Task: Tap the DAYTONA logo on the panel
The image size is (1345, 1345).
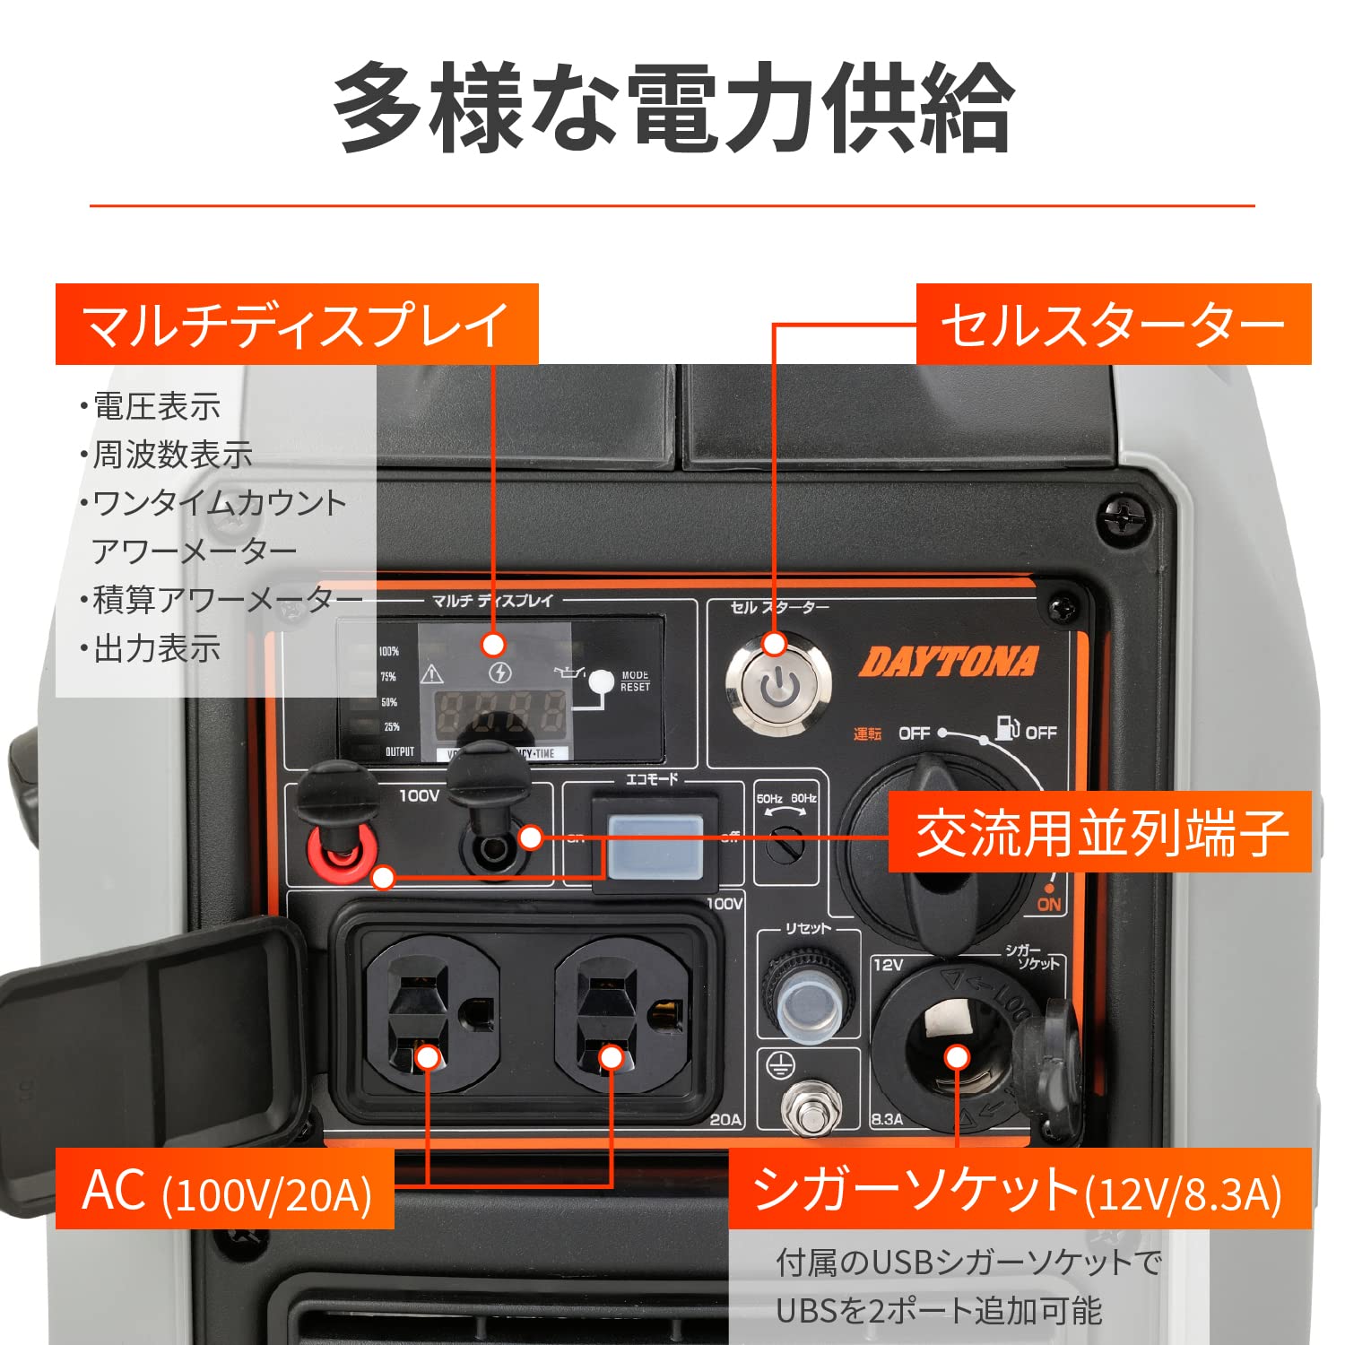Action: pyautogui.click(x=948, y=663)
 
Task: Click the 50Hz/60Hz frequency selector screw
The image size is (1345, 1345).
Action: pyautogui.click(x=787, y=843)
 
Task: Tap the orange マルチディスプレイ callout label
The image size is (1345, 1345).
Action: pyautogui.click(x=297, y=325)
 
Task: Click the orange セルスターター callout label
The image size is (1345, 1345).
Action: pyautogui.click(x=1113, y=325)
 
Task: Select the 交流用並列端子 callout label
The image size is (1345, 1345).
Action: pyautogui.click(x=1100, y=832)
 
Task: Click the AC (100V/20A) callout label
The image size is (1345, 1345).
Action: pyautogui.click(x=225, y=1190)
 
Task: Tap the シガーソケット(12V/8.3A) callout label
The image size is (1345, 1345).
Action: pyautogui.click(x=1020, y=1190)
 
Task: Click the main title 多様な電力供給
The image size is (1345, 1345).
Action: pyautogui.click(x=672, y=108)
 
